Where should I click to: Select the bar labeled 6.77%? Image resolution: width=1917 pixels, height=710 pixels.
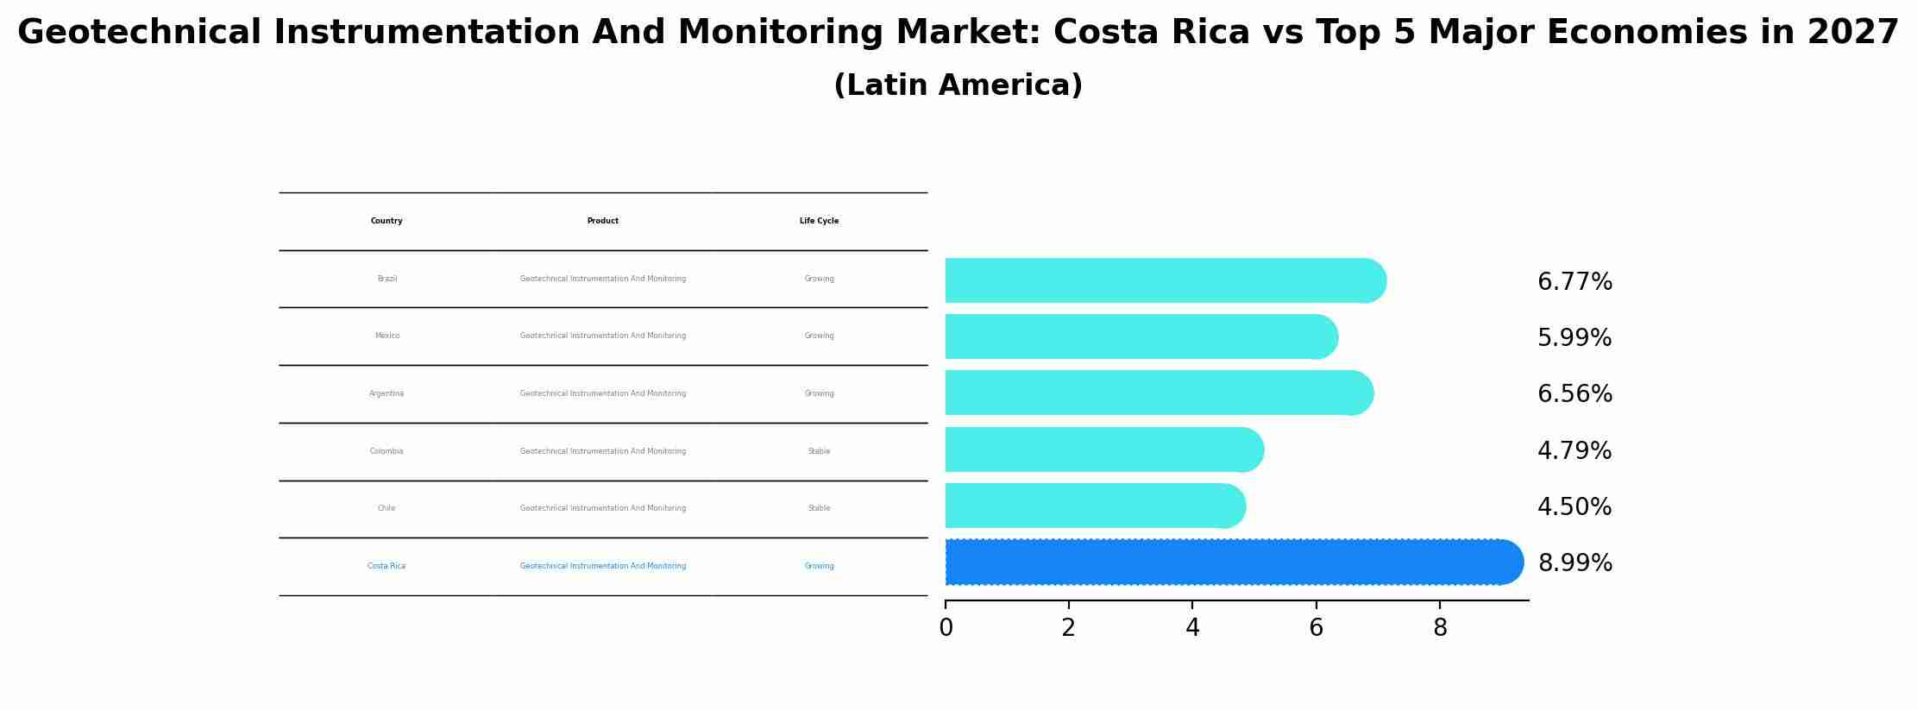coord(1165,280)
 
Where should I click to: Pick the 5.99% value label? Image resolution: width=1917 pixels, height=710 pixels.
coord(1574,338)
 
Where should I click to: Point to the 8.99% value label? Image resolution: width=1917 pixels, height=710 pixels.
coord(1574,563)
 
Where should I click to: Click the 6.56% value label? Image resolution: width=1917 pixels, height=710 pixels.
coord(1574,394)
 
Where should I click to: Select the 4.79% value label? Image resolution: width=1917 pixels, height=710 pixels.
coord(1574,451)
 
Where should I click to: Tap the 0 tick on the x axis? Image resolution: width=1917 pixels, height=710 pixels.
coord(946,628)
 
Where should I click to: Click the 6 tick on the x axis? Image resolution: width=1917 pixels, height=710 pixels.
coord(1316,628)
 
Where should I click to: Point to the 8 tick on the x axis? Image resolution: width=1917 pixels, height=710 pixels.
coord(1439,628)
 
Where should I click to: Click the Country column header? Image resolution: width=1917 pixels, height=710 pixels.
coord(387,221)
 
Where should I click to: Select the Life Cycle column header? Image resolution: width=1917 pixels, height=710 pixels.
coord(819,221)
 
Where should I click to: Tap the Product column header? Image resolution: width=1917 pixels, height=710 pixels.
coord(602,221)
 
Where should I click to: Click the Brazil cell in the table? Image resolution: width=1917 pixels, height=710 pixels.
coord(387,279)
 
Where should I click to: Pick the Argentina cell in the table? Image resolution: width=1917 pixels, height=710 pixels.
coord(387,393)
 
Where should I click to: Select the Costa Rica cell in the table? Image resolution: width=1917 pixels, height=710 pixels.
coord(387,566)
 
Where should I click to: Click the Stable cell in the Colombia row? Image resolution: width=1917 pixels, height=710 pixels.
coord(819,451)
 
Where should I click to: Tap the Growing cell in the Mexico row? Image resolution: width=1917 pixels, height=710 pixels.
coord(819,336)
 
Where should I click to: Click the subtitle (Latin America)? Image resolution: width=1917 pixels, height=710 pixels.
coord(958,85)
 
